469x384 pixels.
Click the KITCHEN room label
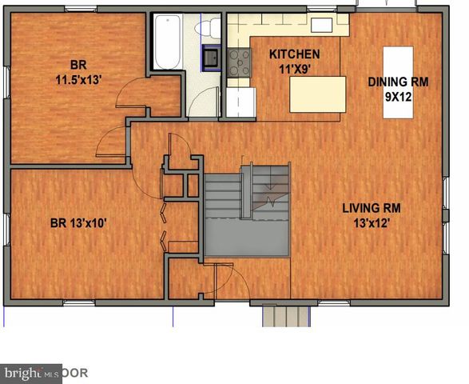click(x=294, y=54)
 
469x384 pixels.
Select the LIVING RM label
click(x=372, y=208)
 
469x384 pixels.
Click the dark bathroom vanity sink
click(x=213, y=58)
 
